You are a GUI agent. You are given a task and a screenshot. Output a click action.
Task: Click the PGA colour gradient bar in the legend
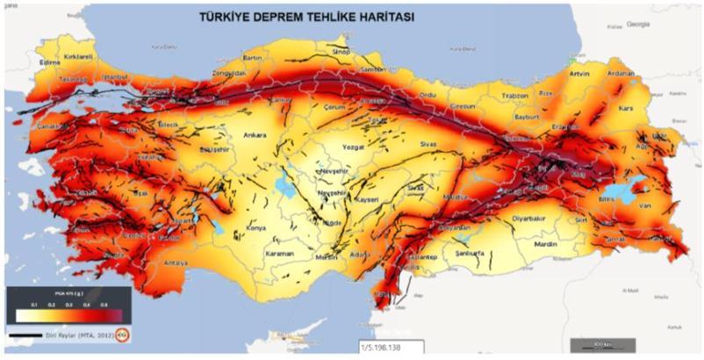[67, 314]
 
